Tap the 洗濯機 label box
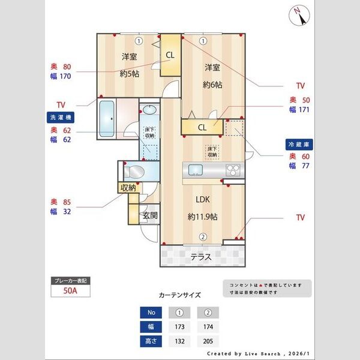(59, 117)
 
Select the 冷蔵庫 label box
(298, 145)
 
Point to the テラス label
(200, 257)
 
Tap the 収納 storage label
(128, 188)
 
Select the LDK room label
(200, 201)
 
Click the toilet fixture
(136, 172)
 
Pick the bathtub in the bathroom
(108, 119)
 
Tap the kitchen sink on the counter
(197, 170)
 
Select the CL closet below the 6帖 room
(202, 127)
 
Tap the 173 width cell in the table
(179, 326)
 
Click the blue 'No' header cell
(151, 312)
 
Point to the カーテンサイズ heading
(179, 295)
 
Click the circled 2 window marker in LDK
(203, 237)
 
